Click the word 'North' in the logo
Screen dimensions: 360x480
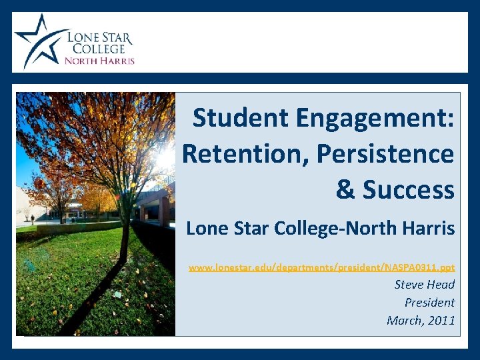(81, 61)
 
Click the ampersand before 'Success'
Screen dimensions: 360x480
(346, 190)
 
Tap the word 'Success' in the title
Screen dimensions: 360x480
(409, 190)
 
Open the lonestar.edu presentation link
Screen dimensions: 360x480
(321, 267)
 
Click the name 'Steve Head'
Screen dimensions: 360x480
(425, 285)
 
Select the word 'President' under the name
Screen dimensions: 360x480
(429, 303)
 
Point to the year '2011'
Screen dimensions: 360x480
(441, 321)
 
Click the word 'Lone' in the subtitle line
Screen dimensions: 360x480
(203, 229)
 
